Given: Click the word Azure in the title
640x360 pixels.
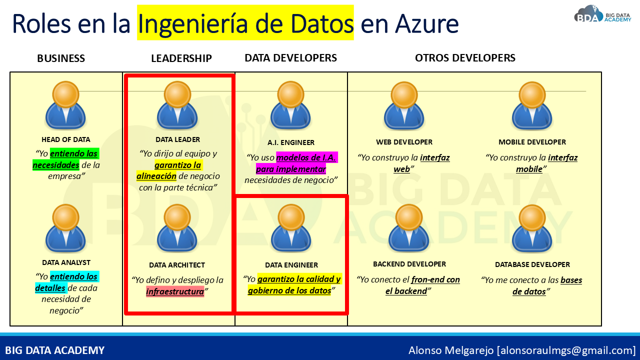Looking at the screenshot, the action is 427,24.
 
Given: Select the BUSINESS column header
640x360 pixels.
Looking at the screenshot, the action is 61,58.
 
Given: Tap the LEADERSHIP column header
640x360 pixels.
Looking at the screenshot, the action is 181,58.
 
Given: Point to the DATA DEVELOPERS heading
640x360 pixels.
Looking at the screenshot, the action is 291,58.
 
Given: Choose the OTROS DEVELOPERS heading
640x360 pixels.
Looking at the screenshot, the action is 465,58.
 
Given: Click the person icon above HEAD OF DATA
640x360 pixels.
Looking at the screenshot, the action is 65,105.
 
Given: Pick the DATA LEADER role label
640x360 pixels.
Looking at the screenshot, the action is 177,139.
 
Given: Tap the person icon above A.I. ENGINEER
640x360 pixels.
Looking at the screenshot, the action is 290,105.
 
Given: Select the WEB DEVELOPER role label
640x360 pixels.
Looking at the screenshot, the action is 404,142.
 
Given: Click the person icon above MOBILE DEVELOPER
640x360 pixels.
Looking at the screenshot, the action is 532,106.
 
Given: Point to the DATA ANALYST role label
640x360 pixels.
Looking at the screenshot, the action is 66,262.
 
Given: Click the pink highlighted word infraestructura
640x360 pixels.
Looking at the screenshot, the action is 175,291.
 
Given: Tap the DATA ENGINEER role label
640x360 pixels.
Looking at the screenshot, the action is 291,265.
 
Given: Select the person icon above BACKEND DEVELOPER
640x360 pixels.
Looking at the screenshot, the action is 408,228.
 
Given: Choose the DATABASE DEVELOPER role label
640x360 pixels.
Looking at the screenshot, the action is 532,264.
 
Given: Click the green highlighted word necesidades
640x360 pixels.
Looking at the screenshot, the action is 56,165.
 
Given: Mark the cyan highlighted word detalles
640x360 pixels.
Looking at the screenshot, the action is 50,288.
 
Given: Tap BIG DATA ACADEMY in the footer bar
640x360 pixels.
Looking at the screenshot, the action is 55,350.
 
